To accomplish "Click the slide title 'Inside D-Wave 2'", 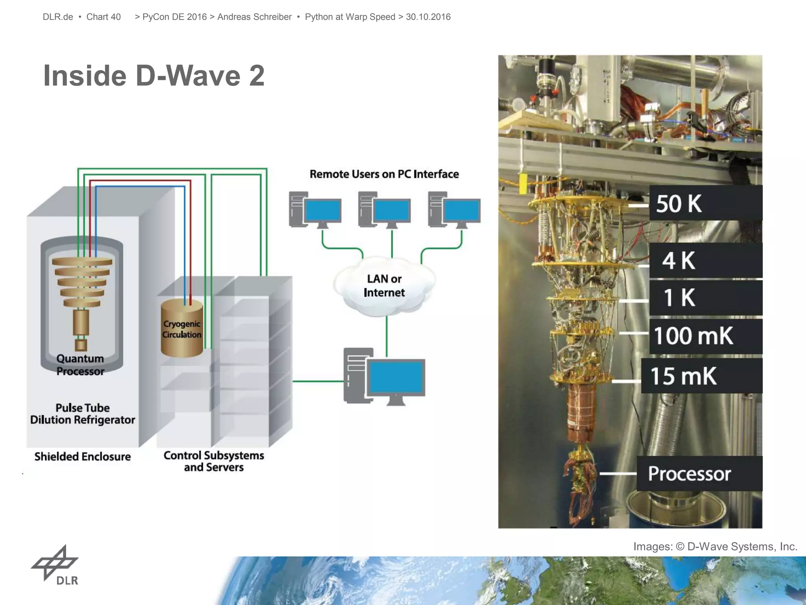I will click(153, 75).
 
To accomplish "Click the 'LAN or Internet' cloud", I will click(384, 286).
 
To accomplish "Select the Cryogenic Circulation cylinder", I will click(182, 328).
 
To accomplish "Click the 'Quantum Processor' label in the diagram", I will click(80, 365).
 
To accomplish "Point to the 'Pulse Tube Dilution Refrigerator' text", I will click(83, 414).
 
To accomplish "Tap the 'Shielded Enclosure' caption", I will click(83, 457).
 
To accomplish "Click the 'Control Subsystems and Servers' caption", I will click(214, 461).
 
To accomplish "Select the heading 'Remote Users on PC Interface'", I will click(384, 174).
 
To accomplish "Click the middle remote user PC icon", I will click(384, 210).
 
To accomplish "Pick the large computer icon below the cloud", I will click(384, 377).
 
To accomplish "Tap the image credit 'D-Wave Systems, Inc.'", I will click(742, 547).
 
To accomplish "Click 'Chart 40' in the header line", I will click(104, 17).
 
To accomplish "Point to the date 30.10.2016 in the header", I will click(428, 17).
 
